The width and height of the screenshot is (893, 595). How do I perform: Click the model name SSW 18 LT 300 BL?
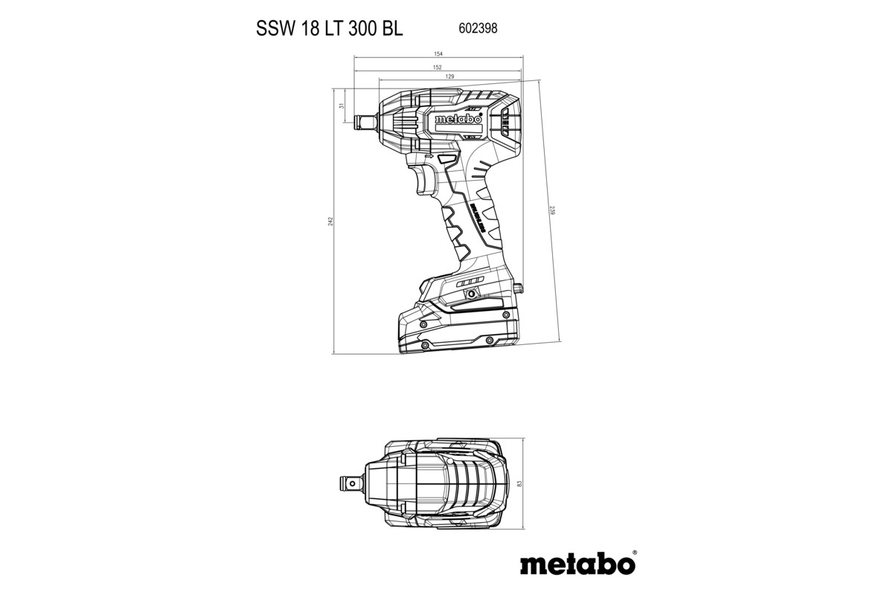point(329,29)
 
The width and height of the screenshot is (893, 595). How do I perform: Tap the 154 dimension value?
point(438,54)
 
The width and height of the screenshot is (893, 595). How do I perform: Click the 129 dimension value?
point(449,77)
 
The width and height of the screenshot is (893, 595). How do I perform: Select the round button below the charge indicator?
point(471,295)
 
